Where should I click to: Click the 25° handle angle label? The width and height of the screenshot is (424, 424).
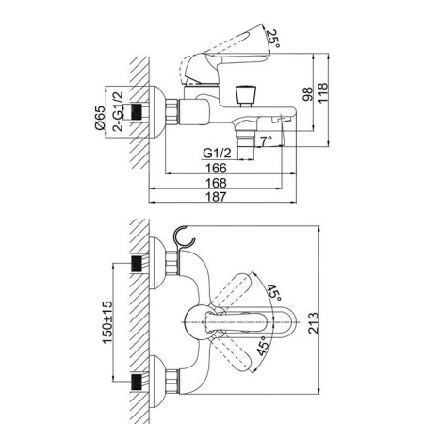pos(272,39)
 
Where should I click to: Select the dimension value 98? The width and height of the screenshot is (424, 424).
pos(307,93)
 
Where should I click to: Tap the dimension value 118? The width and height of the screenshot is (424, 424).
pos(322,92)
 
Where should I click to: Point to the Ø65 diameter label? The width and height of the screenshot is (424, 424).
pos(100,118)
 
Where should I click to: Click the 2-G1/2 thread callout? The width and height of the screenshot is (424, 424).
pos(118,111)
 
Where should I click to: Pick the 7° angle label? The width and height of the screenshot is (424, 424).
pos(266,140)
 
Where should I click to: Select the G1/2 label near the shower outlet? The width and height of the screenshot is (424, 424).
pos(217,153)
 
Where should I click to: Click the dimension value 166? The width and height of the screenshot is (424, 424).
pos(216,168)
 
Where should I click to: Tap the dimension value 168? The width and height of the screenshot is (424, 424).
pos(216,183)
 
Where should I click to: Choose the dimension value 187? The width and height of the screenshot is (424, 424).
pos(216,197)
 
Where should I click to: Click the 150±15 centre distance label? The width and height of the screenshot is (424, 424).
pos(107,322)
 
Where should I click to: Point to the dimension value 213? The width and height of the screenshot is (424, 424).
pos(313,323)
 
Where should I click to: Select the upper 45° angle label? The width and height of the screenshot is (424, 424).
pos(274,293)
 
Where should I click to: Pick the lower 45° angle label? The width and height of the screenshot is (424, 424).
pos(263,347)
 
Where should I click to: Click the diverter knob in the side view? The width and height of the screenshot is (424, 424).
pos(245,96)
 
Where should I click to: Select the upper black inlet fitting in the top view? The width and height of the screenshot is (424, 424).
pos(136,264)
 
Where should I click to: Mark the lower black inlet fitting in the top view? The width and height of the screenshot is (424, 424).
pos(136,382)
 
